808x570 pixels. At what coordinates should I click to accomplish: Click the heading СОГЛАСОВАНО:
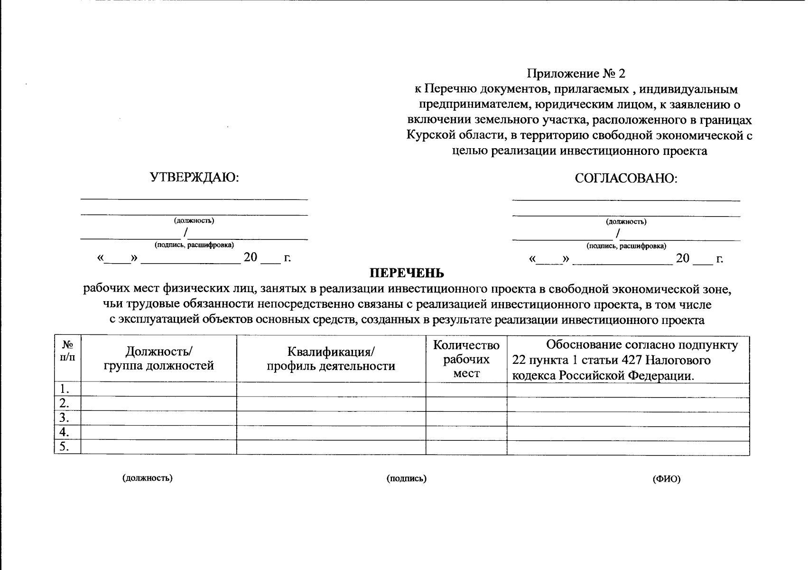[x=626, y=179]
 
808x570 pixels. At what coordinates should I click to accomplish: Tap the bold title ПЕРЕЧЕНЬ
[x=407, y=273]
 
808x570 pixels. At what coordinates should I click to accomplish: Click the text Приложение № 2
[x=576, y=74]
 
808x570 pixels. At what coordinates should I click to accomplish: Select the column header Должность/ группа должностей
[x=158, y=358]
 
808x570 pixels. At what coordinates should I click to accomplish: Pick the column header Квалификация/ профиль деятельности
[x=331, y=359]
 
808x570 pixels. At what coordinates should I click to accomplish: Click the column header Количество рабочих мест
[x=466, y=359]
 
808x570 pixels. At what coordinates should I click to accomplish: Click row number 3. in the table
[x=65, y=418]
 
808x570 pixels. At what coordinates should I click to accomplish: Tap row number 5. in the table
[x=65, y=447]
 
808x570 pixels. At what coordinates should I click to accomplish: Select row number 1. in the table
[x=65, y=389]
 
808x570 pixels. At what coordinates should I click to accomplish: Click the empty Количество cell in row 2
[x=466, y=404]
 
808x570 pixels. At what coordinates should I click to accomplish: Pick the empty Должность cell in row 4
[x=158, y=433]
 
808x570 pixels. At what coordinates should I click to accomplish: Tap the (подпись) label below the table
[x=407, y=479]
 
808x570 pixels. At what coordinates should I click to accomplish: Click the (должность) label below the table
[x=148, y=478]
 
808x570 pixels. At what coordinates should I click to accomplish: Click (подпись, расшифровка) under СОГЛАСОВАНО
[x=626, y=246]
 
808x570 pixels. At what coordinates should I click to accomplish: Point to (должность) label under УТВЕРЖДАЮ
[x=194, y=220]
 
